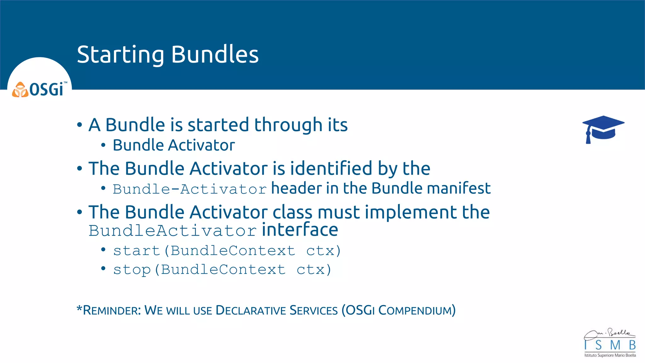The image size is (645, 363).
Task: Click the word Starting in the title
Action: pyautogui.click(x=120, y=55)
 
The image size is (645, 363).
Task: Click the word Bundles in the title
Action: pyautogui.click(x=215, y=54)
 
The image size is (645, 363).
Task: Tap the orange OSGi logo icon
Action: pyautogui.click(x=20, y=90)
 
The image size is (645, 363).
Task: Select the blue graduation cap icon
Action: pyautogui.click(x=603, y=129)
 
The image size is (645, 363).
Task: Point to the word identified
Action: pyautogui.click(x=331, y=168)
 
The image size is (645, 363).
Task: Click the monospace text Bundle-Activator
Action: pyautogui.click(x=190, y=189)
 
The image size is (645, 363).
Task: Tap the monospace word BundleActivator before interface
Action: pyautogui.click(x=173, y=231)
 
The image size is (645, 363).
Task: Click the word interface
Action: pyautogui.click(x=300, y=230)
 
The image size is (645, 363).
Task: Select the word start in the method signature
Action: pyautogui.click(x=137, y=251)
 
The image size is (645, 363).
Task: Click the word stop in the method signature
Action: pyautogui.click(x=132, y=270)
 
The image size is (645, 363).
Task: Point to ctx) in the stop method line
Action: pyautogui.click(x=314, y=270)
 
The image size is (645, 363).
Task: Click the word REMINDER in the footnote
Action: pyautogui.click(x=111, y=310)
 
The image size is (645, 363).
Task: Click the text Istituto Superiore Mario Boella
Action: pyautogui.click(x=610, y=355)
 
